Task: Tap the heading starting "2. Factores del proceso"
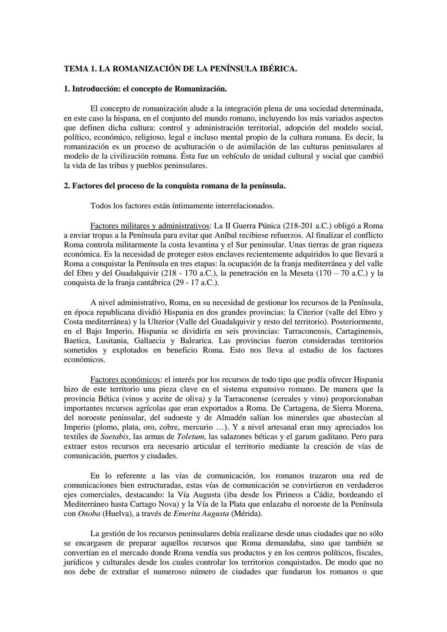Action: tap(174, 186)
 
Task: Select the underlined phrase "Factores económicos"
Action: tap(125, 380)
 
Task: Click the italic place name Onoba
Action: tap(89, 514)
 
